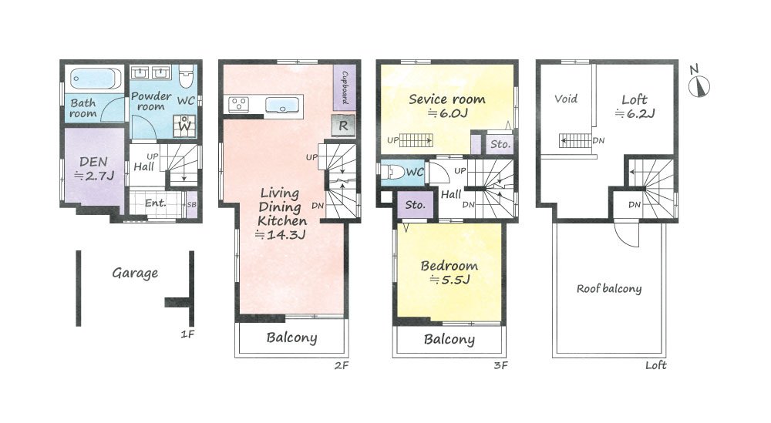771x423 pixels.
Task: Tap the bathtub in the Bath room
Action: coord(96,79)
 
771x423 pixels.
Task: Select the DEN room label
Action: coord(93,162)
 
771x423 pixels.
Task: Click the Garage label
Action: coord(135,274)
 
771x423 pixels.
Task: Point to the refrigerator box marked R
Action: coord(343,126)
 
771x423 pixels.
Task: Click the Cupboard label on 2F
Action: coord(345,88)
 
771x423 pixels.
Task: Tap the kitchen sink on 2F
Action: coord(281,106)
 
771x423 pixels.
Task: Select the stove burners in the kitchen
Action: coord(239,105)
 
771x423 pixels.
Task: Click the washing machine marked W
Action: coord(184,126)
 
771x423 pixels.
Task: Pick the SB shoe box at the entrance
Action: coord(191,204)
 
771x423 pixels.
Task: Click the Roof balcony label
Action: coord(609,289)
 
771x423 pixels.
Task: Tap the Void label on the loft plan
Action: coord(565,99)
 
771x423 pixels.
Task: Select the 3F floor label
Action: coord(500,365)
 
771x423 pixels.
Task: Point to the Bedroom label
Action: coord(449,266)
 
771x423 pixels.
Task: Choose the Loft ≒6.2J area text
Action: coord(635,106)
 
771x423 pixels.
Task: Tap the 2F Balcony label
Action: coord(291,337)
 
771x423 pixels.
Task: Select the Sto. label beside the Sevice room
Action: coord(500,144)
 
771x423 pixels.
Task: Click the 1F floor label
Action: coord(187,334)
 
